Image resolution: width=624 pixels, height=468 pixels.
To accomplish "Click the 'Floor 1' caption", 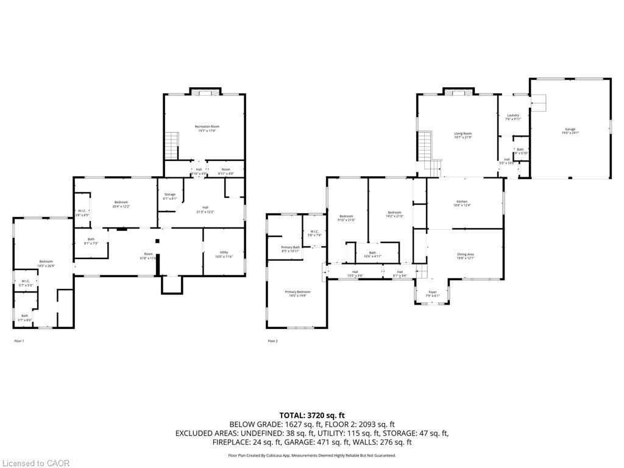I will [x=19, y=341].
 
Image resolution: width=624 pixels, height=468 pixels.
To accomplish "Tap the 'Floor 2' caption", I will [x=272, y=341].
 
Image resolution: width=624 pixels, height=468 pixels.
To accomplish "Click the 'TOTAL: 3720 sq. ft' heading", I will [x=311, y=415].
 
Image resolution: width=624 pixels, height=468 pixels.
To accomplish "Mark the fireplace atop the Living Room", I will [x=456, y=93].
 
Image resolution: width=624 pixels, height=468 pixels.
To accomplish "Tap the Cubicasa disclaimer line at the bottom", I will [x=311, y=455].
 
